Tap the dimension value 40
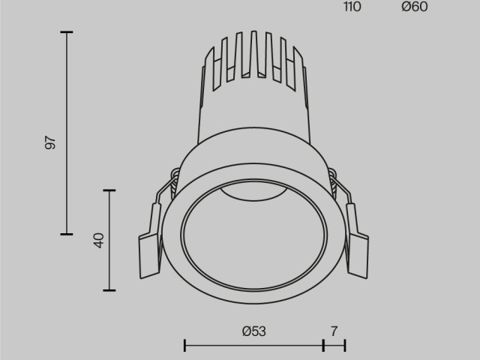97,240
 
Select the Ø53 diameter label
254,331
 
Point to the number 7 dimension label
334,331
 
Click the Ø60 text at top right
414,7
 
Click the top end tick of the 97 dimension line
67,32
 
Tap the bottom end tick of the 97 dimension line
67,234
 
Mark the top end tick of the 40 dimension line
110,190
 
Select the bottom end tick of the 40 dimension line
110,289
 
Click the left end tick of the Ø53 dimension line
184,345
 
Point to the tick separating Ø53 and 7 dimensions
323,345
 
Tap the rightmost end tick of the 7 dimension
345,345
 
